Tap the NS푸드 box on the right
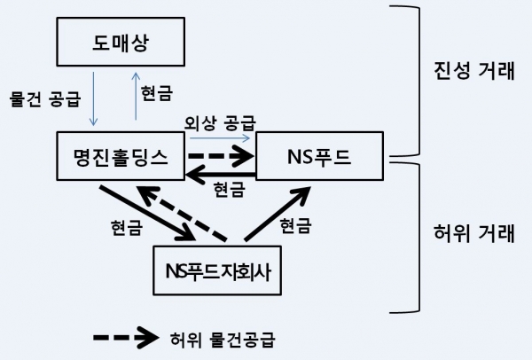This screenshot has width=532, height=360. (x=319, y=158)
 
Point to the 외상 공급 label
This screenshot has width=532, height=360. (x=220, y=121)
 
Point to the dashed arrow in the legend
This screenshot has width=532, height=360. (x=124, y=338)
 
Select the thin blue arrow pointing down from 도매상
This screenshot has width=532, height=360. (x=92, y=100)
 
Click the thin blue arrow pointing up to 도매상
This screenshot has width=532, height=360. (x=136, y=100)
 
